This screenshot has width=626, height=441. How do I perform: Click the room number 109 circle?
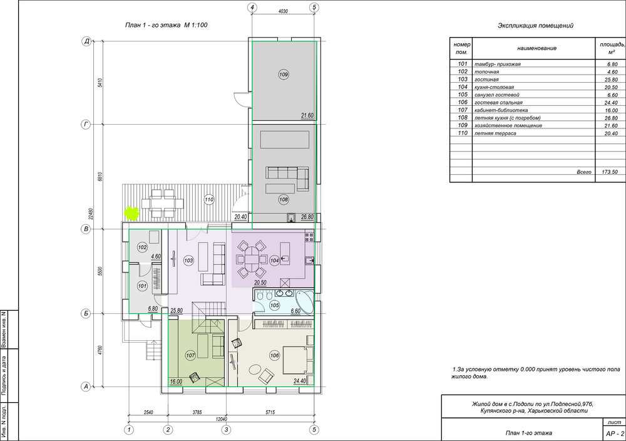pyautogui.click(x=284, y=75)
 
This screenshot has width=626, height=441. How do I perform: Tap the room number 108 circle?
pyautogui.click(x=284, y=199)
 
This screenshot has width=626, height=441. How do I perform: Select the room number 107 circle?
pyautogui.click(x=190, y=355)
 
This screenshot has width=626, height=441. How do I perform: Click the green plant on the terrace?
pyautogui.click(x=131, y=213)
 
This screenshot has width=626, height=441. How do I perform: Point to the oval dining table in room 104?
pyautogui.click(x=252, y=259)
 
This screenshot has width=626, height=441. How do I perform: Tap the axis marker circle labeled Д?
pyautogui.click(x=86, y=41)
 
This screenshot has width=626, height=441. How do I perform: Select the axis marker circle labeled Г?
pyautogui.click(x=86, y=125)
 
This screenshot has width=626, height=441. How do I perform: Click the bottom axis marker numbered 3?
pyautogui.click(x=227, y=430)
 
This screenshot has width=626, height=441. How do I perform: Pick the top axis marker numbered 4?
pyautogui.click(x=252, y=7)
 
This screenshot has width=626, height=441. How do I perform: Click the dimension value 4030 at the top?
pyautogui.click(x=283, y=11)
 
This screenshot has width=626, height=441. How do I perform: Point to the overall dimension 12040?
pyautogui.click(x=221, y=419)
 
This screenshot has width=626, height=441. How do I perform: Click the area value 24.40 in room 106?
pyautogui.click(x=299, y=381)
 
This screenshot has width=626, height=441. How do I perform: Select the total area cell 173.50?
pyautogui.click(x=610, y=172)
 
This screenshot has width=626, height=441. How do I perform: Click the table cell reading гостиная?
pyautogui.click(x=486, y=80)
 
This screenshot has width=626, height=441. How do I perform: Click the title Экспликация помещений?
pyautogui.click(x=535, y=26)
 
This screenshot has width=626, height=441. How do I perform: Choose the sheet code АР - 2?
pyautogui.click(x=615, y=433)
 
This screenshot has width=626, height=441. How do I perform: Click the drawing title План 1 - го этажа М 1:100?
pyautogui.click(x=167, y=25)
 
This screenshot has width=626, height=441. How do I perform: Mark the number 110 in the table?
pyautogui.click(x=463, y=133)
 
